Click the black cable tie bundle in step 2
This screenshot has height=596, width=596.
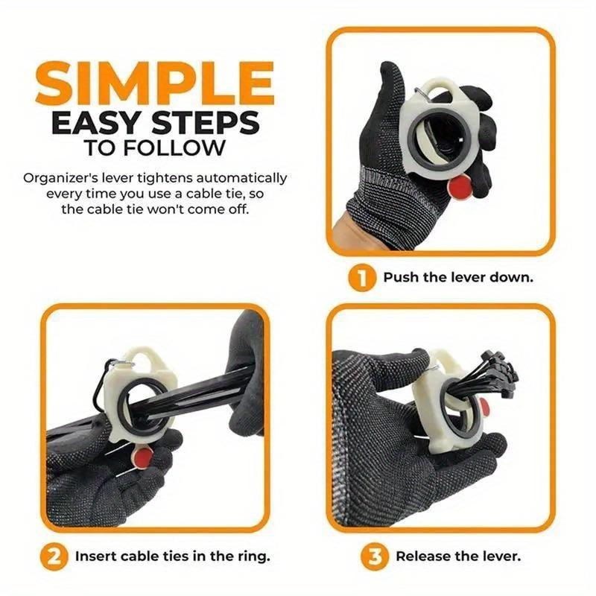coord(194,402)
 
